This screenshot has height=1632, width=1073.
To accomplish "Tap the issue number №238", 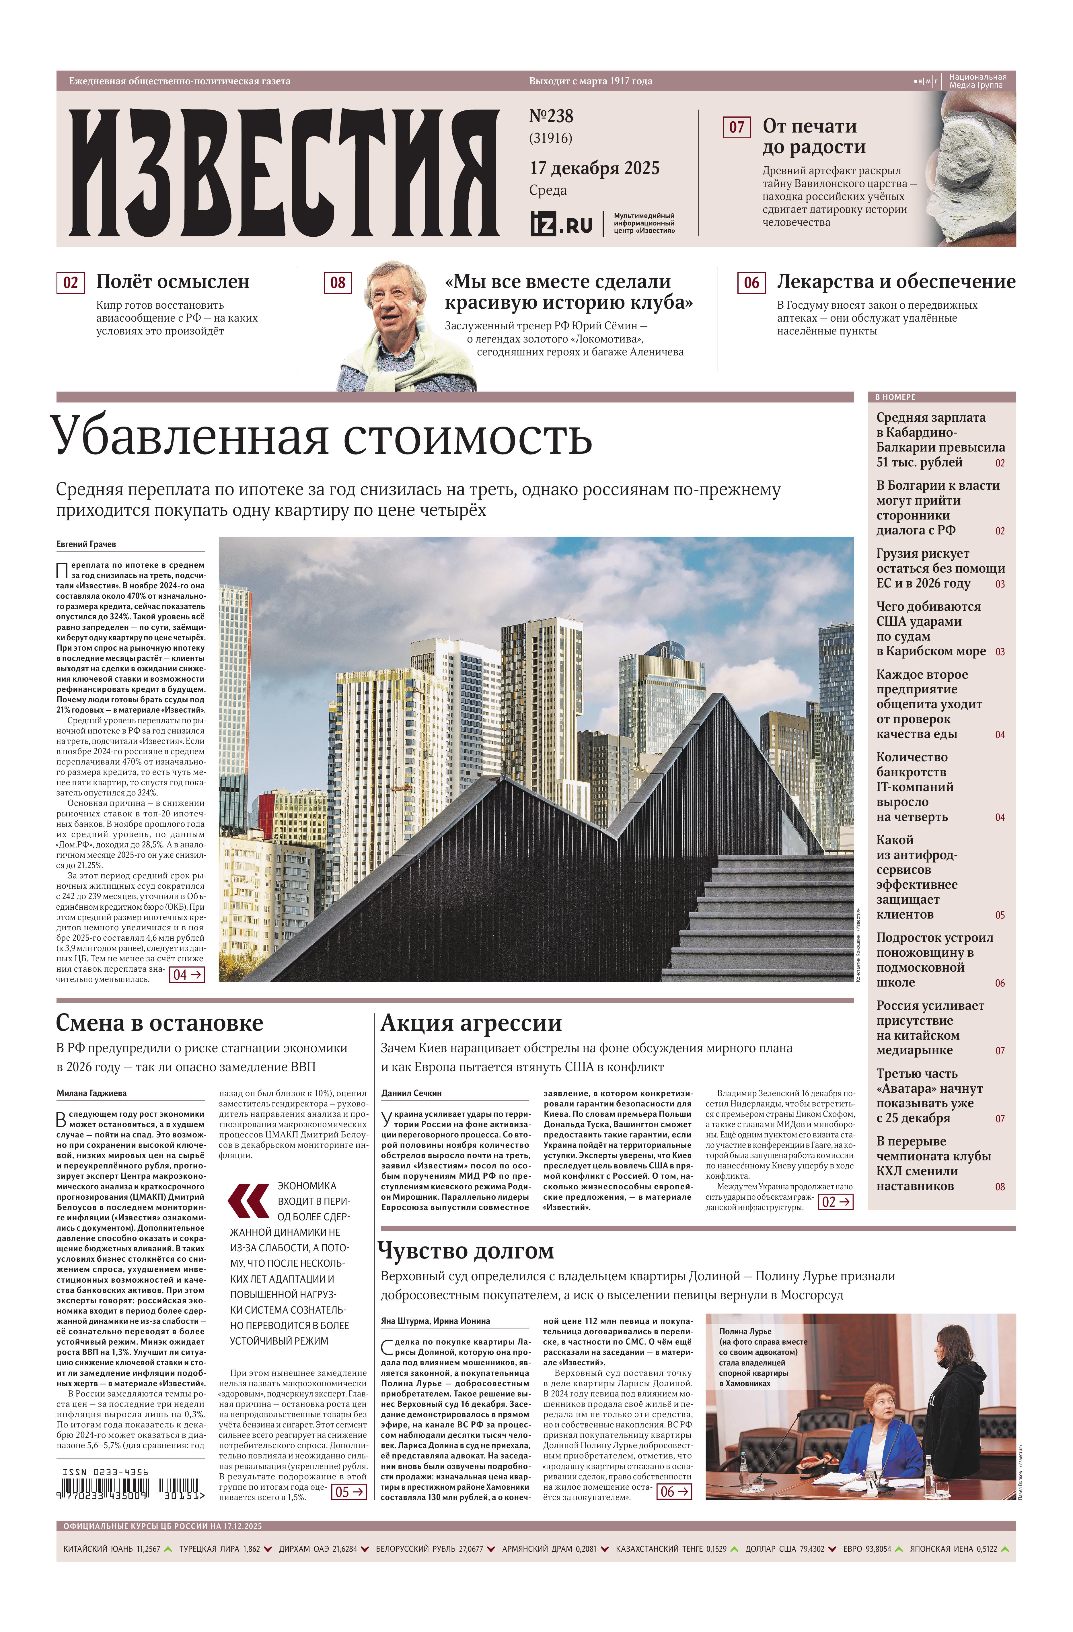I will (551, 116).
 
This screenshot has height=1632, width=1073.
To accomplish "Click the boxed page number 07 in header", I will (736, 128).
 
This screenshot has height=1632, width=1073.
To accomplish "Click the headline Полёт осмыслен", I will (173, 282).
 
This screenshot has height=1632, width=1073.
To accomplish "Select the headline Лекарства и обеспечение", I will (895, 282).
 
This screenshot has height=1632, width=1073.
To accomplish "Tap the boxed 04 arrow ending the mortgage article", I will (186, 974).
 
